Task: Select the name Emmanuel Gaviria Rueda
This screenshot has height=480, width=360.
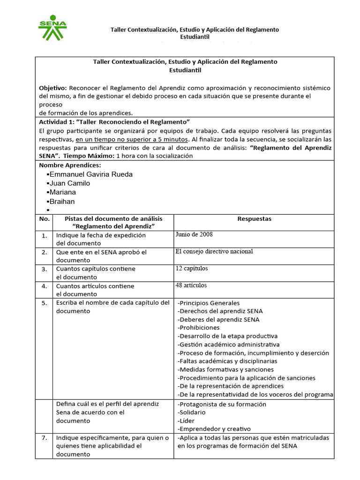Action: coord(91,174)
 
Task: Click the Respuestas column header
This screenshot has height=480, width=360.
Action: coord(254,219)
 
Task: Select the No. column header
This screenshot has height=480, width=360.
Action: coord(44,219)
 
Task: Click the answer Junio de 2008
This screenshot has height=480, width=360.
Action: coord(194,234)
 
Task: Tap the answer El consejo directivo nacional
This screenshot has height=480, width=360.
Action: coord(214,251)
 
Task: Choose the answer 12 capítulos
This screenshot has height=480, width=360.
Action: coord(192,269)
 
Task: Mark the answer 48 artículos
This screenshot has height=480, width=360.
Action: coord(191,285)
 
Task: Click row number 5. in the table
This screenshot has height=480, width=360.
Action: coord(44,303)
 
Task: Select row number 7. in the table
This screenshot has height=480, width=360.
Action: coord(44,438)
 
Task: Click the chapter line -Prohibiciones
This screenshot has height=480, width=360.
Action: coord(199,328)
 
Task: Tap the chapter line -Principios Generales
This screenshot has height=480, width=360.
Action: coord(209,303)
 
